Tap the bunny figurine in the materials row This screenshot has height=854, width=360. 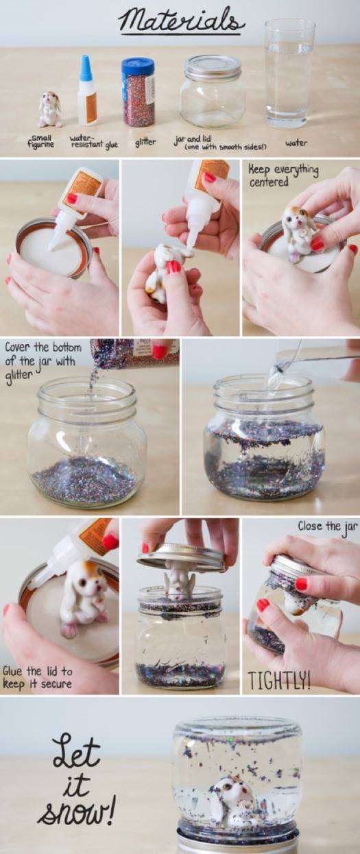50,109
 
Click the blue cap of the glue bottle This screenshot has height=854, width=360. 86,67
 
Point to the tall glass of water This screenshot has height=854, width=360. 290,73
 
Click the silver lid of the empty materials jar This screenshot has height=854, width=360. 213,67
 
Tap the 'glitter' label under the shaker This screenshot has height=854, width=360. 145,142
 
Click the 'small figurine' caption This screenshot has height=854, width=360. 41,141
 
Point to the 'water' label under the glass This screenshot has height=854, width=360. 296,143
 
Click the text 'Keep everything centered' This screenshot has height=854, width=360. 283,175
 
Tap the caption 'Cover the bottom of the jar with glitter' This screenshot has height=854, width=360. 43,361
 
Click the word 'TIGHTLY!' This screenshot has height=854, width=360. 279,679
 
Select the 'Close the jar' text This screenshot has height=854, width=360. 328,526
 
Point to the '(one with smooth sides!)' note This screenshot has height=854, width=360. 226,147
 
